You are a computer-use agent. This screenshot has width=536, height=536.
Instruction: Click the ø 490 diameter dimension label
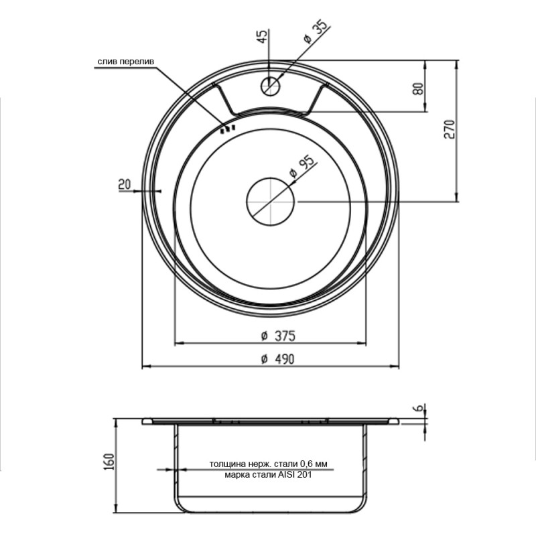[x=277, y=359]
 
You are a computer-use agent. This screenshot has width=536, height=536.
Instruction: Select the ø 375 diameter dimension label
[x=278, y=336]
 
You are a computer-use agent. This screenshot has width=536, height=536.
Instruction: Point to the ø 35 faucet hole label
[x=316, y=32]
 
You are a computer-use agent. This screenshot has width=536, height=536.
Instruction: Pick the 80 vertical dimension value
[x=418, y=89]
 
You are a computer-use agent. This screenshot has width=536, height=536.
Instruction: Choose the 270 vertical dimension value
[x=450, y=129]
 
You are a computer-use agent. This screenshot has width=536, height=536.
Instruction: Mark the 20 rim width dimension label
[x=125, y=184]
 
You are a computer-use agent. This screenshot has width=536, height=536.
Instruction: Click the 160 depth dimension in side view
[x=108, y=462]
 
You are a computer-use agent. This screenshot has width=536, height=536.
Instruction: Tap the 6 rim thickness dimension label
[x=421, y=407]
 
